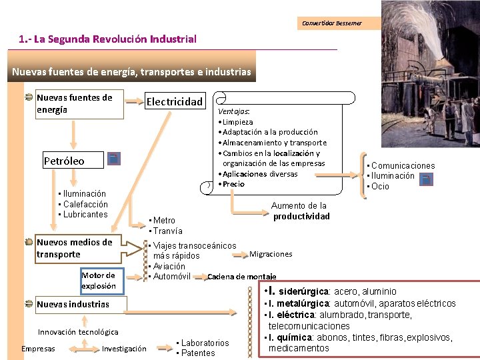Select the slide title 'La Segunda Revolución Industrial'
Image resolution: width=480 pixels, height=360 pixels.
point(108,39)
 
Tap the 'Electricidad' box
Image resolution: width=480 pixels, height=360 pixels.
point(174,101)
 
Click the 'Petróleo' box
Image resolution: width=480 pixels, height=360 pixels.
point(64,161)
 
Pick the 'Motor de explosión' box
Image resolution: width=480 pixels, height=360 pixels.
point(98,280)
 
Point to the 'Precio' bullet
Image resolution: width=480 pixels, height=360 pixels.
point(233,184)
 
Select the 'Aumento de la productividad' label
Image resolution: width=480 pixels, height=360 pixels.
point(301,211)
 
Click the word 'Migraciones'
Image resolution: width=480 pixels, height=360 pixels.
point(271,254)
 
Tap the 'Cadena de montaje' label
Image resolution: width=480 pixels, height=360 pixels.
point(242,277)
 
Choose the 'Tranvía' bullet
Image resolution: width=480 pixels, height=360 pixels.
point(167,231)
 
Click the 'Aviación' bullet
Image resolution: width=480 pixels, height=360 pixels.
point(169,266)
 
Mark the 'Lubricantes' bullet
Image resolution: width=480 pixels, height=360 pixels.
point(85,215)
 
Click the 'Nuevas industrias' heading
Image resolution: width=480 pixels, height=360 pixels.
point(73,305)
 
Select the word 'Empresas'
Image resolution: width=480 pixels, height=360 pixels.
point(38,349)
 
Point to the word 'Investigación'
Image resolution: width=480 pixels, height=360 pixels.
point(124,349)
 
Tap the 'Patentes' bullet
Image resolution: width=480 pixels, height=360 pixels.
point(198,353)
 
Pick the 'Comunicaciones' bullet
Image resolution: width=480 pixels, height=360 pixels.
point(403,165)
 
